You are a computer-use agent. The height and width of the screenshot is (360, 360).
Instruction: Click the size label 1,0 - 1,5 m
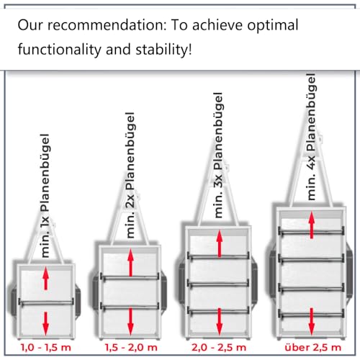(46, 347)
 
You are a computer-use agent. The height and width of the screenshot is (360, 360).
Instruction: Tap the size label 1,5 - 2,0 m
(131, 347)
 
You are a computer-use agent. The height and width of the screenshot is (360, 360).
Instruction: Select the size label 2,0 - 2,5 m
(219, 347)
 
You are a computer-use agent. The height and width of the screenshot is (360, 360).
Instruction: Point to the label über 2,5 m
(313, 347)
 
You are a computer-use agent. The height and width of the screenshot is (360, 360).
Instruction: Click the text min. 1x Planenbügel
(45, 196)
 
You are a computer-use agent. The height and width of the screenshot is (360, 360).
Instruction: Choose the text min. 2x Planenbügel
(130, 175)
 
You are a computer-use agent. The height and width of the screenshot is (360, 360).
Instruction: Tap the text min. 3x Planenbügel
(218, 155)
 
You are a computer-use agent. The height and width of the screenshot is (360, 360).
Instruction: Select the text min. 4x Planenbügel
(311, 137)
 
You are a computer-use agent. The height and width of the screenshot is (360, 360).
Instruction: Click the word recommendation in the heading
(107, 25)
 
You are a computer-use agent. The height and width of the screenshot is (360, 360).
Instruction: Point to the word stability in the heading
(163, 49)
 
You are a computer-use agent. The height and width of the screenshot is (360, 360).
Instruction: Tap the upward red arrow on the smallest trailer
(45, 279)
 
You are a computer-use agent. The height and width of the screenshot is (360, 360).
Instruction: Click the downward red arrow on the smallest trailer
(45, 323)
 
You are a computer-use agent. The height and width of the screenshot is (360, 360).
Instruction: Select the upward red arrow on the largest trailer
(312, 225)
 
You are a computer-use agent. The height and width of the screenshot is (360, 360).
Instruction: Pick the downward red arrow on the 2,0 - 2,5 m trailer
(220, 321)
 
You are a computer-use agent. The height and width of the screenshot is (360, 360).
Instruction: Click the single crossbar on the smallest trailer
(46, 302)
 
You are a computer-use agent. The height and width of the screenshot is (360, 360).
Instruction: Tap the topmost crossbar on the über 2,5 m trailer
(311, 232)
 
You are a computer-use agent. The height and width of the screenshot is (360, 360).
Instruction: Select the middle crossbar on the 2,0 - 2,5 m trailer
(218, 284)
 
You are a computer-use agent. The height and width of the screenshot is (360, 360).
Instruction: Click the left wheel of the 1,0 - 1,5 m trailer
(13, 302)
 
